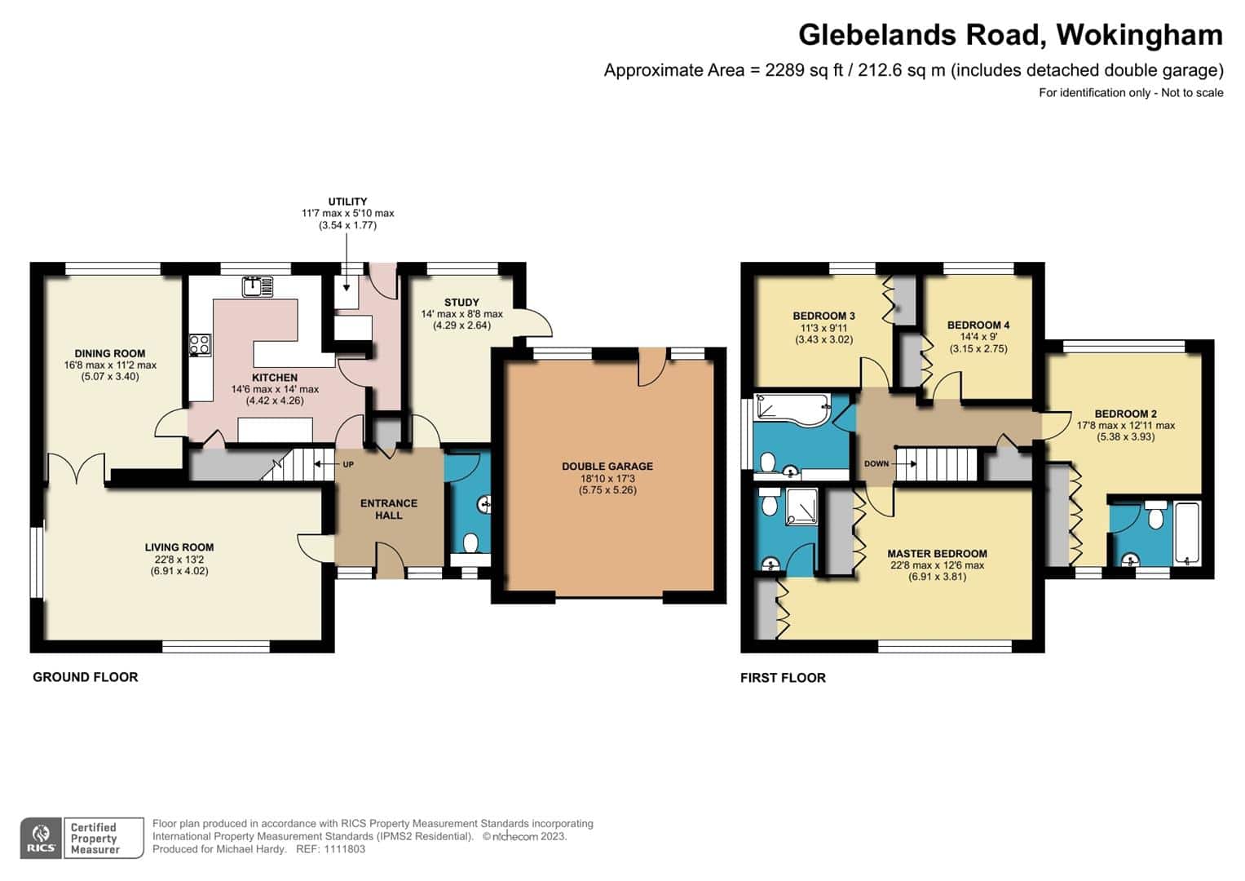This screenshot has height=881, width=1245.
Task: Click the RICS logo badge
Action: [x=41, y=838]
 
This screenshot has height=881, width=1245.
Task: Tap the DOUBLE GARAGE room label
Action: [x=607, y=466]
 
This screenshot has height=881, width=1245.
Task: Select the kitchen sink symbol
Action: [x=258, y=286]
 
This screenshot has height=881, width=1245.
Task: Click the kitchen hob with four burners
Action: [x=200, y=344]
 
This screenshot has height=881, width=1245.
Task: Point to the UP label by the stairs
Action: [x=348, y=464]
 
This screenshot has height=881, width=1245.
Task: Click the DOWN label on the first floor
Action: [x=876, y=463]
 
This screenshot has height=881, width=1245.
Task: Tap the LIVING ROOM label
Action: [x=179, y=547]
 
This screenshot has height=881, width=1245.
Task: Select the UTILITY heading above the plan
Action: [x=347, y=201]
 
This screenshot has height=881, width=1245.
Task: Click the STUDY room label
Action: [x=461, y=302]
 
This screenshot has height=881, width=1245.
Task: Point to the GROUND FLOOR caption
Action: [x=85, y=677]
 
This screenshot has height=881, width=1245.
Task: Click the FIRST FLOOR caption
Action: [x=783, y=677]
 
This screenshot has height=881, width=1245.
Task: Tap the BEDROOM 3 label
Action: [x=823, y=316]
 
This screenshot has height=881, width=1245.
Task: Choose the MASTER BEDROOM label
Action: [x=937, y=553]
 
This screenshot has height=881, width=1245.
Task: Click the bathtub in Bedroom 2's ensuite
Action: [x=1188, y=533]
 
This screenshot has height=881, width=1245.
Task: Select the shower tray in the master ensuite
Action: [x=801, y=506]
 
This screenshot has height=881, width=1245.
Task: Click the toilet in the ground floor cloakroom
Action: [x=470, y=542]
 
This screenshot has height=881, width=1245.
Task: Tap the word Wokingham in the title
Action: [x=1139, y=35]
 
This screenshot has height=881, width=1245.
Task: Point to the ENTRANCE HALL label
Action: [x=389, y=509]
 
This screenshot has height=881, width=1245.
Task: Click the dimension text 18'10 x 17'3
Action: [x=607, y=478]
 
